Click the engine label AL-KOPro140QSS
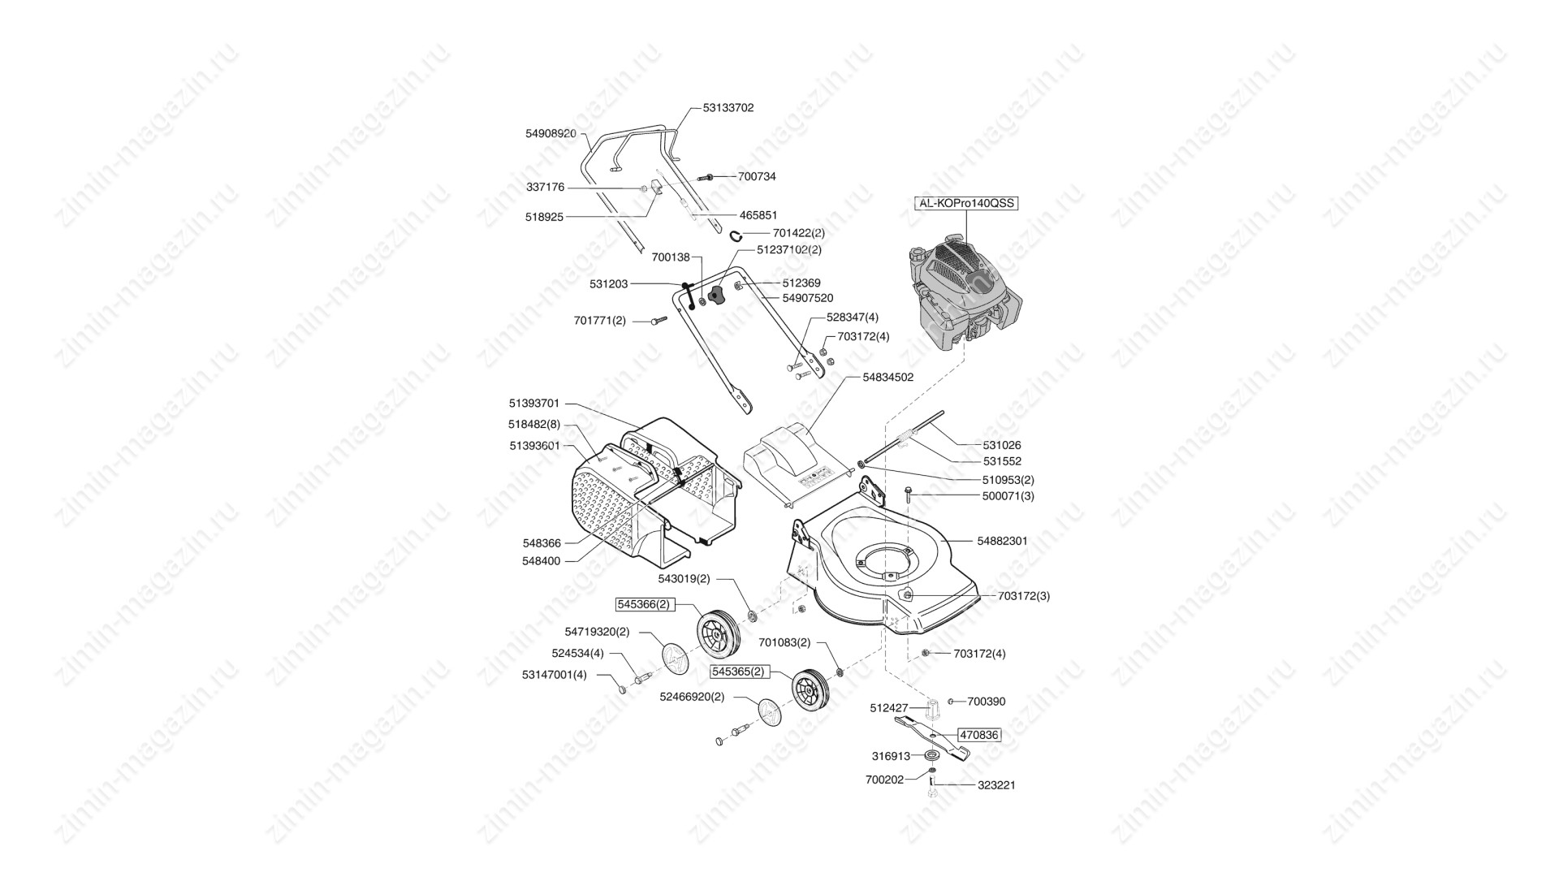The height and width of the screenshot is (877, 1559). (x=966, y=203)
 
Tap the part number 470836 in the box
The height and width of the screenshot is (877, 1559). (x=978, y=734)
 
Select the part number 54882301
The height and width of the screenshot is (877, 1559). (x=1002, y=541)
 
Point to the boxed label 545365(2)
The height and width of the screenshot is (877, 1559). (x=738, y=672)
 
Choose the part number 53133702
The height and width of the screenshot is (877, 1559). (x=728, y=107)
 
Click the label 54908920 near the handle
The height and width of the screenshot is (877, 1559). (x=551, y=133)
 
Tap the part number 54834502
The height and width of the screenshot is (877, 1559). (x=887, y=377)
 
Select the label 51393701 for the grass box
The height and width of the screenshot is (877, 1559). (x=534, y=403)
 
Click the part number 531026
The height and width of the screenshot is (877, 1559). (x=1002, y=445)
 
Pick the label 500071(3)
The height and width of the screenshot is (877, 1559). (x=1008, y=495)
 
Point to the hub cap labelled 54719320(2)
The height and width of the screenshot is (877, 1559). (x=675, y=659)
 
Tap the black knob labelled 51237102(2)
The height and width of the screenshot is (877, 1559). (x=715, y=296)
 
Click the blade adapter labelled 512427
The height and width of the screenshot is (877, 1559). (x=931, y=708)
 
